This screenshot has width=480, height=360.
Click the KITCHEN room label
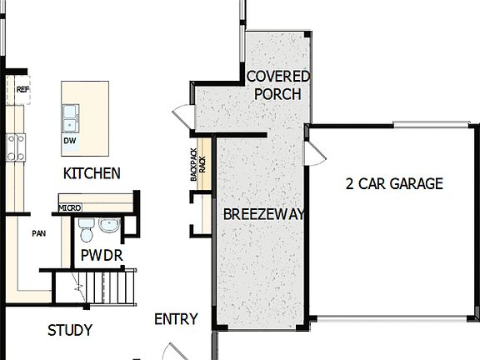click(92, 173)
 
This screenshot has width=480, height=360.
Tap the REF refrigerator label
click(22, 88)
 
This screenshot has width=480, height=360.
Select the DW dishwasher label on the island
click(69, 141)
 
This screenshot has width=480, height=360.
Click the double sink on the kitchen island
click(71, 118)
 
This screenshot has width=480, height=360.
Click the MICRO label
click(69, 207)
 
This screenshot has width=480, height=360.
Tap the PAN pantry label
click(38, 233)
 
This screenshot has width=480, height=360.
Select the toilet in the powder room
click(87, 227)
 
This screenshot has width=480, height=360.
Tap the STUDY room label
click(70, 330)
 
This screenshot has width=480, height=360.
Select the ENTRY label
click(177, 319)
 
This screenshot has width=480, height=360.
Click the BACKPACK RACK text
click(197, 165)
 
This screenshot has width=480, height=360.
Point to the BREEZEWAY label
click(263, 214)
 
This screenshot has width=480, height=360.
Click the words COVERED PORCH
click(278, 85)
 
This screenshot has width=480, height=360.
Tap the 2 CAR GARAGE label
click(394, 184)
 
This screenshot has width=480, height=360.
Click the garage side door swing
click(313, 153)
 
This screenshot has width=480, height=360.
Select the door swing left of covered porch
click(182, 117)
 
